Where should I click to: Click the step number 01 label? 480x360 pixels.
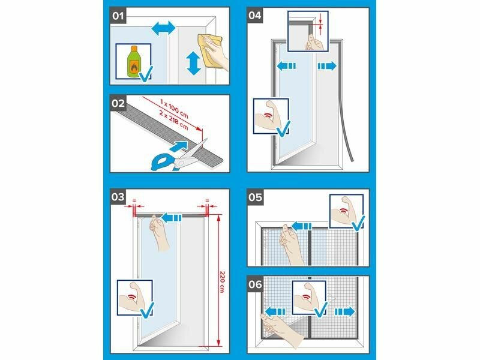tap(118, 16)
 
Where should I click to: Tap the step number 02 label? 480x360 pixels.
tap(118, 103)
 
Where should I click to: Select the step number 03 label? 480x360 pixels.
tap(118, 197)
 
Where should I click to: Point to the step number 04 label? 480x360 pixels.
tap(254, 16)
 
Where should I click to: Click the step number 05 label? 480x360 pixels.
tap(255, 197)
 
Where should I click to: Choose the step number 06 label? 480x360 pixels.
tap(255, 284)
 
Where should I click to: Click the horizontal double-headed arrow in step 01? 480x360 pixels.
tap(163, 29)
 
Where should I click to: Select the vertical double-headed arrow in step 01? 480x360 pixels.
tap(193, 64)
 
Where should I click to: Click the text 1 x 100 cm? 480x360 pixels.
tap(174, 108)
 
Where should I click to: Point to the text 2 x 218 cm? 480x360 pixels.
tap(173, 119)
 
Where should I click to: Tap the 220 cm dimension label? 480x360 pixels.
tap(222, 281)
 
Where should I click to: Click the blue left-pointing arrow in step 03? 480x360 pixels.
tap(172, 218)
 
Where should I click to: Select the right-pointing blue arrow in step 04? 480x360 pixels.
tap(327, 66)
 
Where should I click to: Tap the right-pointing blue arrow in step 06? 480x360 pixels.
tap(344, 312)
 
